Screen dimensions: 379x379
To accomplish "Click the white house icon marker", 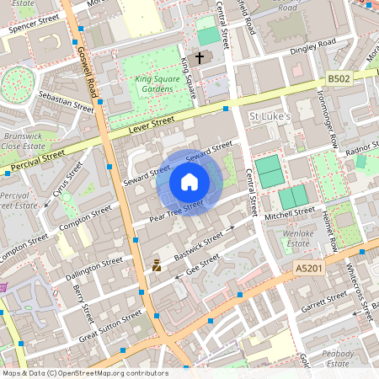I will coord(189,182).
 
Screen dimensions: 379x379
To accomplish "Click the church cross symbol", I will coord(200,58).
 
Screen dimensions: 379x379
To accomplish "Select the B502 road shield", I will coord(339,78).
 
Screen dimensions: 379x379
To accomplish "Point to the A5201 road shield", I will coord(309,267).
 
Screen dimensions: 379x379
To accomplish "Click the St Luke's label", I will coord(270,115).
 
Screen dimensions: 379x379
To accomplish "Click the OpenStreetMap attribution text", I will coord(84,373).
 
